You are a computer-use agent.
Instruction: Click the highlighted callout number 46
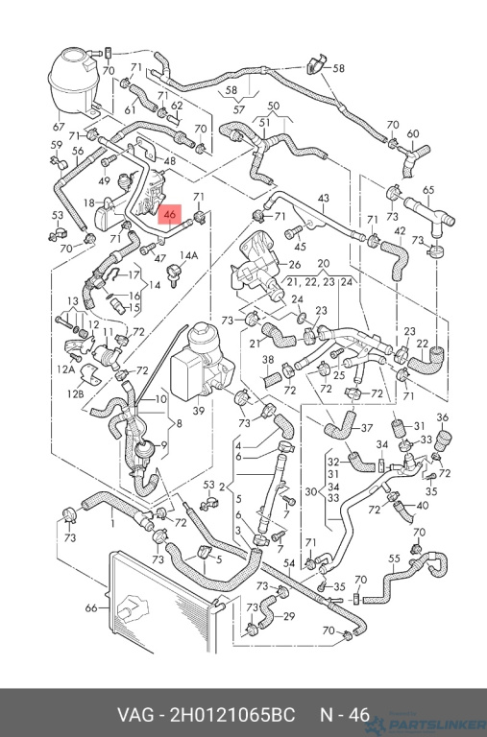coord(169,215)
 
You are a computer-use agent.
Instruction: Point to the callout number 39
coord(199,411)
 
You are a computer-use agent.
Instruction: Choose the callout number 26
coord(295,264)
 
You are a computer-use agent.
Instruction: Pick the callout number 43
coord(324,199)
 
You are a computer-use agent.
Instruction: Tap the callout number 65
coord(428,190)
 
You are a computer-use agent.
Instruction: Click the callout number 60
coord(413,133)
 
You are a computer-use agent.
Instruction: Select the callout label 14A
coord(188,255)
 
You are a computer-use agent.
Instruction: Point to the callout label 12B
coord(75,392)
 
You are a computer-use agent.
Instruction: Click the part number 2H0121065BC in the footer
coord(232,715)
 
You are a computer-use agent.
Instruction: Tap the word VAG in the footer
coord(135,715)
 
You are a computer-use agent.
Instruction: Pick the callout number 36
coord(442,417)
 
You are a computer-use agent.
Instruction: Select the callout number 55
coord(394,559)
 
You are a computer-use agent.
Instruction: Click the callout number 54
coord(289,563)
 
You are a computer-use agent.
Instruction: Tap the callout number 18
coord(89,202)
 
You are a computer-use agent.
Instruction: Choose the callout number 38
coord(268,360)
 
